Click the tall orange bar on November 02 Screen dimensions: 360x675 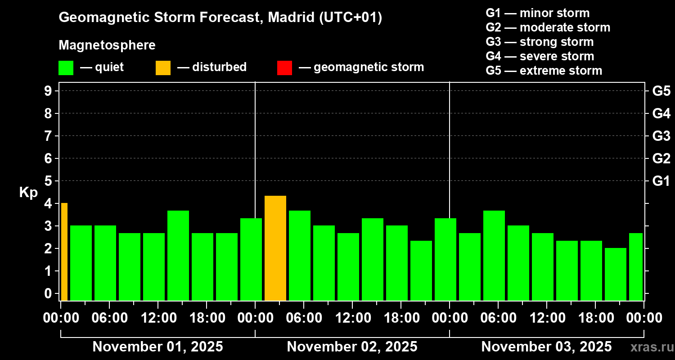click(275, 248)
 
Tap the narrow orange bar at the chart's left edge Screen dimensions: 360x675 click(64, 252)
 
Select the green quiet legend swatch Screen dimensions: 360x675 click(66, 68)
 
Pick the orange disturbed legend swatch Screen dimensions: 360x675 click(163, 68)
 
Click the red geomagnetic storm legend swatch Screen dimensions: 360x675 click(284, 68)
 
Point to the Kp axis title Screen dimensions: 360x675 click(28, 193)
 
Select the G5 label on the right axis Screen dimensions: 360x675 click(661, 91)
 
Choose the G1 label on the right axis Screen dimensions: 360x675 click(661, 181)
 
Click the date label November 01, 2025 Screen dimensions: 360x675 click(157, 347)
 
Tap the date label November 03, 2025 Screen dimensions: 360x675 click(546, 347)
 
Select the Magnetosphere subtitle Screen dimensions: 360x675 click(107, 45)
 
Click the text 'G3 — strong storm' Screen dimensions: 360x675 click(540, 42)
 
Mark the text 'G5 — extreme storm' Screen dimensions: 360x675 click(544, 71)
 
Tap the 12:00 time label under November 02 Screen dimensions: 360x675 click(352, 318)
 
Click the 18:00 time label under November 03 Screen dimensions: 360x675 click(595, 318)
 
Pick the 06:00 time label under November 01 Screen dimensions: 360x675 click(109, 318)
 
